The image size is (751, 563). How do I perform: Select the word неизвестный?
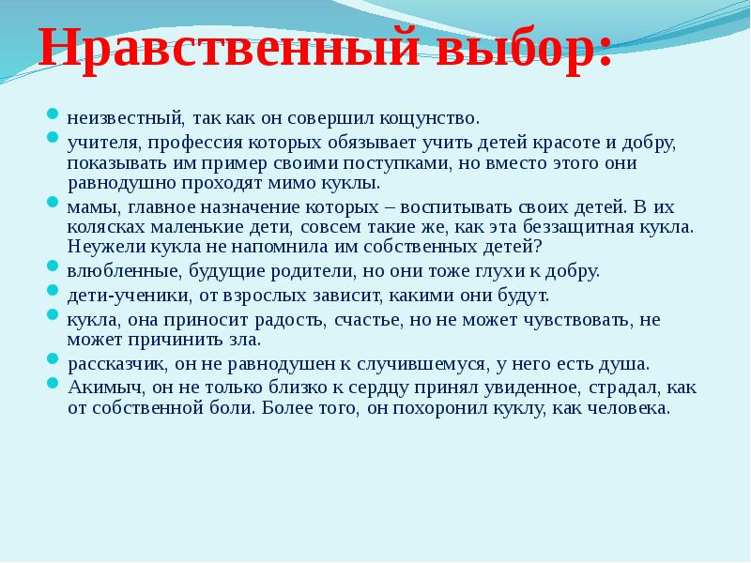click(124, 119)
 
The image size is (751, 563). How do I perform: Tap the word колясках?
click(104, 227)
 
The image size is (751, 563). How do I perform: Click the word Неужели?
click(105, 246)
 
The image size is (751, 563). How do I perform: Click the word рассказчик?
click(116, 363)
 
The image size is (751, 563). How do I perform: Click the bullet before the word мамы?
click(53, 202)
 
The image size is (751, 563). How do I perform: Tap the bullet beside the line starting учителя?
click(53, 138)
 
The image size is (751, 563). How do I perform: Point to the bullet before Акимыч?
click(53, 382)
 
